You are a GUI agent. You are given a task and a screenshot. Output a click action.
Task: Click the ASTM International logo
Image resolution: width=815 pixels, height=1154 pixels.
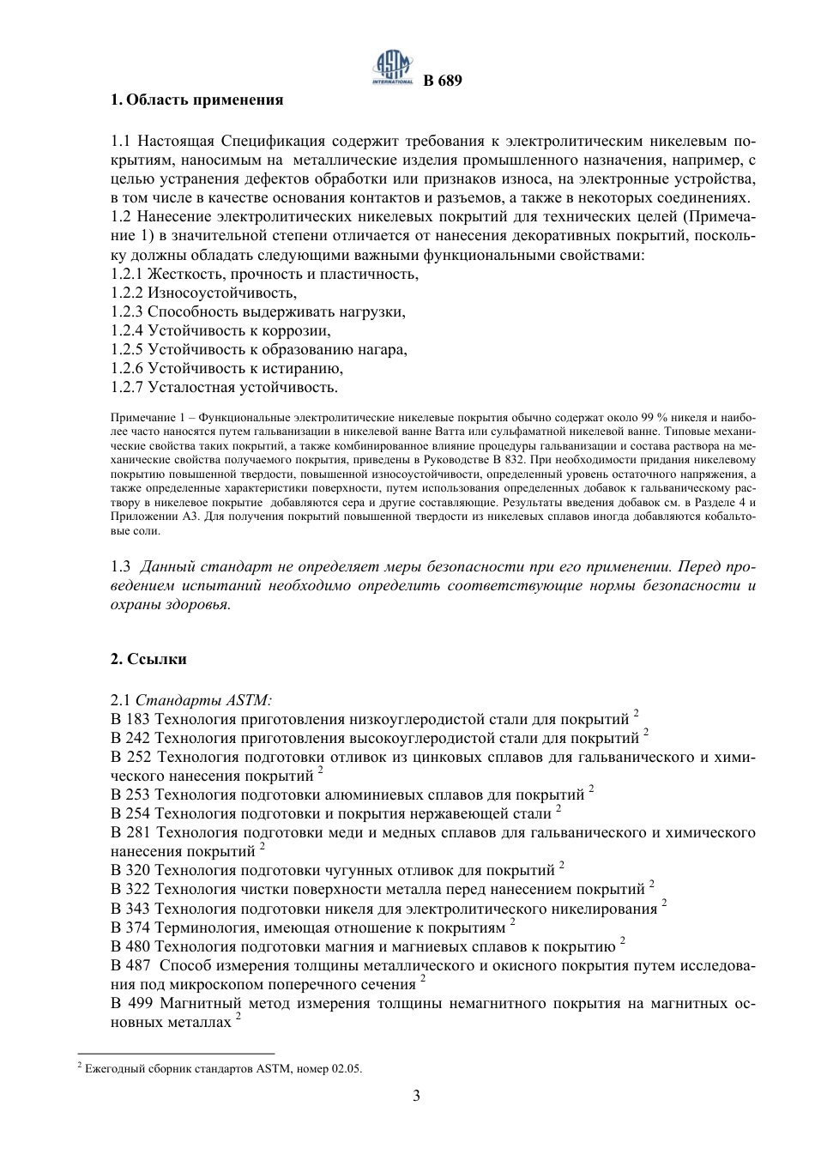[x=391, y=69]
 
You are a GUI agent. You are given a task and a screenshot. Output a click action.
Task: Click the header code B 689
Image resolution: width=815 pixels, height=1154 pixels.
[x=443, y=82]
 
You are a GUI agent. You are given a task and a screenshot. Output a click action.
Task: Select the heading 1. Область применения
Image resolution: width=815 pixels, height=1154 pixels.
[x=197, y=100]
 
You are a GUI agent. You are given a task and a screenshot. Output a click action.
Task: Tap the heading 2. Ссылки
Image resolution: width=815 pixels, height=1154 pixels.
[x=148, y=659]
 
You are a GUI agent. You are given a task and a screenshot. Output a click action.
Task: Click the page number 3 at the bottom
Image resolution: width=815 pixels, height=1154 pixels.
[x=416, y=1096]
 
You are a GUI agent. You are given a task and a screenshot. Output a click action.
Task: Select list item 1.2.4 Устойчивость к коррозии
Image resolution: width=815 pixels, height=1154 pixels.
[x=220, y=330]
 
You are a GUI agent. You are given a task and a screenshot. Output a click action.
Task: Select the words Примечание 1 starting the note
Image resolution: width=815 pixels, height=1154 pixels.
[x=142, y=416]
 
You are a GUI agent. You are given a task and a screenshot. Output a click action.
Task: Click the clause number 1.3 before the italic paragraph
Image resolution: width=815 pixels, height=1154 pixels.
[x=121, y=567]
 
